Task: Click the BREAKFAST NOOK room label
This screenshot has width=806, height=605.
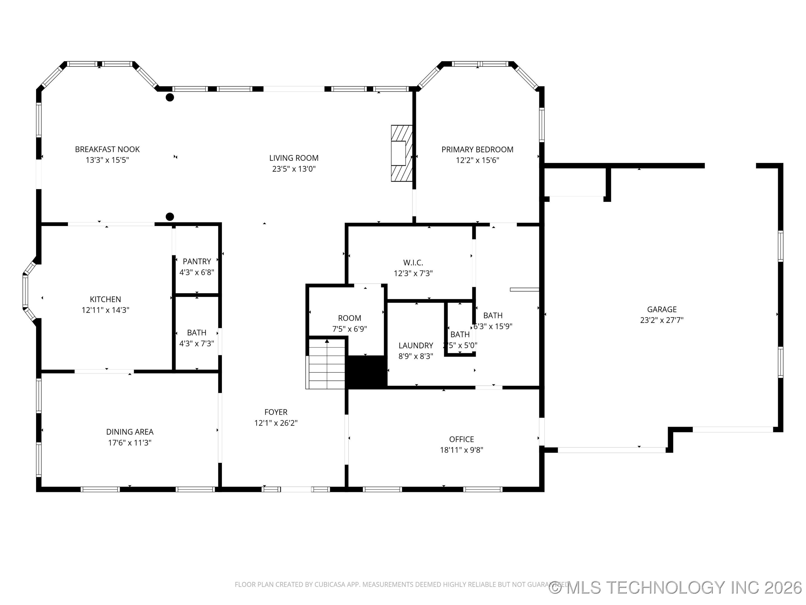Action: click(107, 149)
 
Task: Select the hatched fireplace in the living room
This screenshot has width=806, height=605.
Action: click(402, 153)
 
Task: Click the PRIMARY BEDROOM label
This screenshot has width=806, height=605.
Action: click(477, 150)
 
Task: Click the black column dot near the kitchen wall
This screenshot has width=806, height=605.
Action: click(170, 217)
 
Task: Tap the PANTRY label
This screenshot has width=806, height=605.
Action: click(197, 262)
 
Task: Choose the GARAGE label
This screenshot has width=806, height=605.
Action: click(662, 309)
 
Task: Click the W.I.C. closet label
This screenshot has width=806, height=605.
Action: click(413, 262)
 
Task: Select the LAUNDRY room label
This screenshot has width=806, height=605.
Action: click(416, 345)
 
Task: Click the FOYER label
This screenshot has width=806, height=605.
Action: click(276, 412)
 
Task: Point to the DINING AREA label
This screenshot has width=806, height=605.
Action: click(130, 432)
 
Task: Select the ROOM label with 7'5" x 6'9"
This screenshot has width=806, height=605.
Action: click(350, 318)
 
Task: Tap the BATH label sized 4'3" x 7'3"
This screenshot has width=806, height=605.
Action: click(196, 332)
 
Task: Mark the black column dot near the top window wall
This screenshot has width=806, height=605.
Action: click(170, 97)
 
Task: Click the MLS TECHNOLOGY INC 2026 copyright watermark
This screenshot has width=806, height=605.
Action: click(676, 587)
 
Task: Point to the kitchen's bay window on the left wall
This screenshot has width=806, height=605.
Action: click(26, 291)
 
